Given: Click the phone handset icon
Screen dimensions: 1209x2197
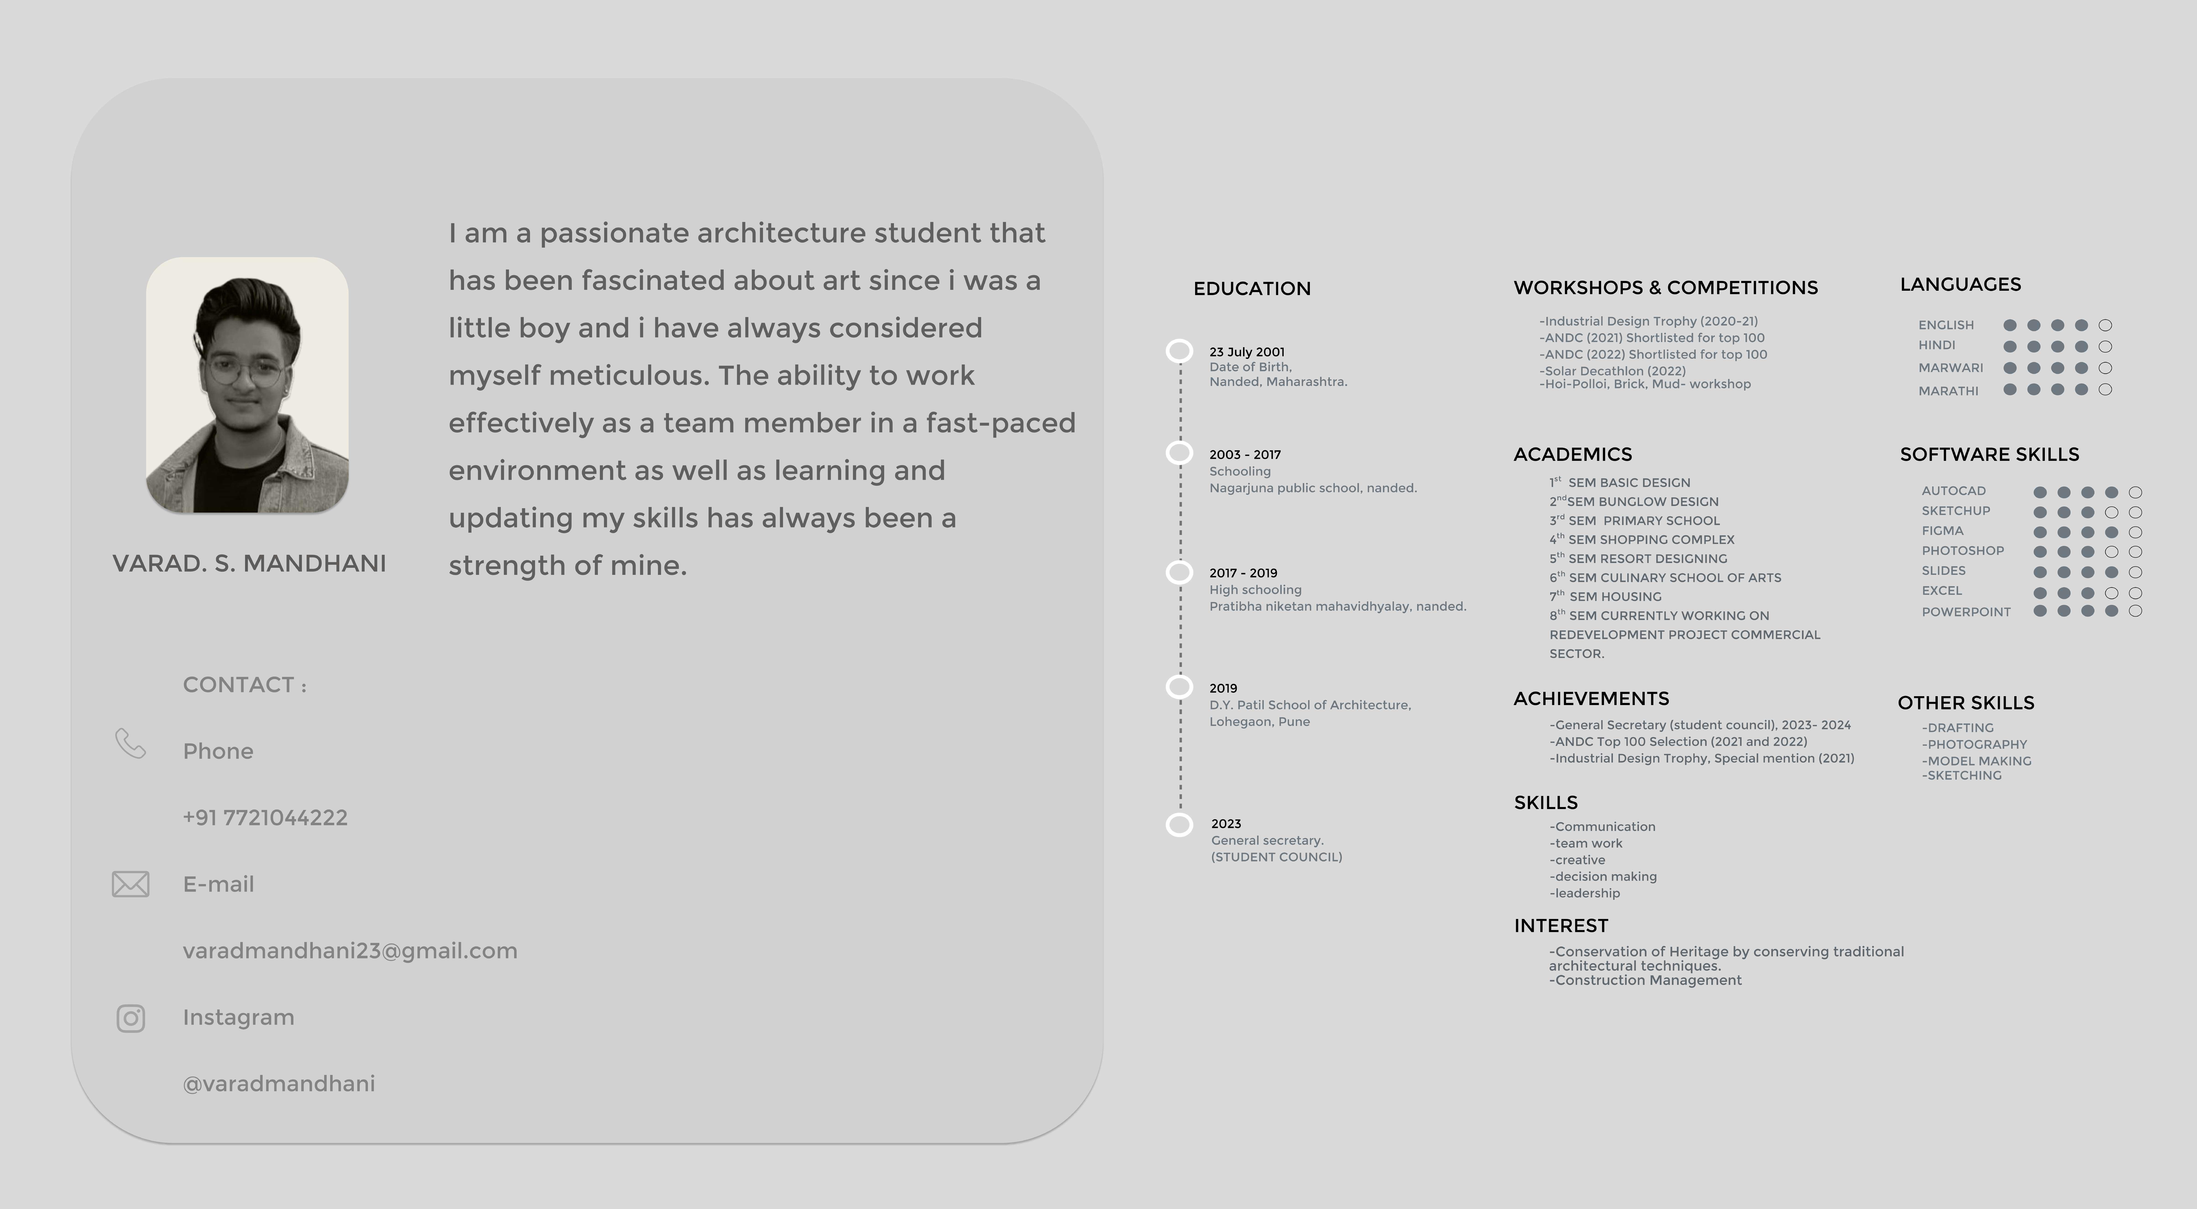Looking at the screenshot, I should pyautogui.click(x=131, y=743).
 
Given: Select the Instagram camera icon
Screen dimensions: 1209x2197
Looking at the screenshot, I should pyautogui.click(x=131, y=1018).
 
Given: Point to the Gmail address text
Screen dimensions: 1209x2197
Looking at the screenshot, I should pyautogui.click(x=350, y=951).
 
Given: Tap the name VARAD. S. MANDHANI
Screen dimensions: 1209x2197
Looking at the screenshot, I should pyautogui.click(x=249, y=564).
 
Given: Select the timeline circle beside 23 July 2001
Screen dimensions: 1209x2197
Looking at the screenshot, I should pyautogui.click(x=1180, y=350).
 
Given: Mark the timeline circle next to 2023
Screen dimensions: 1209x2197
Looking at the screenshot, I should pyautogui.click(x=1180, y=825).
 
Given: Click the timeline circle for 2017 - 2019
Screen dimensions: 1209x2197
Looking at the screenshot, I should pyautogui.click(x=1180, y=572).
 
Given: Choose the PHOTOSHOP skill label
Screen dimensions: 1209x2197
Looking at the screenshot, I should pyautogui.click(x=1962, y=551).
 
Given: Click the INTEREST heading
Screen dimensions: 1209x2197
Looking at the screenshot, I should pyautogui.click(x=1561, y=926).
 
